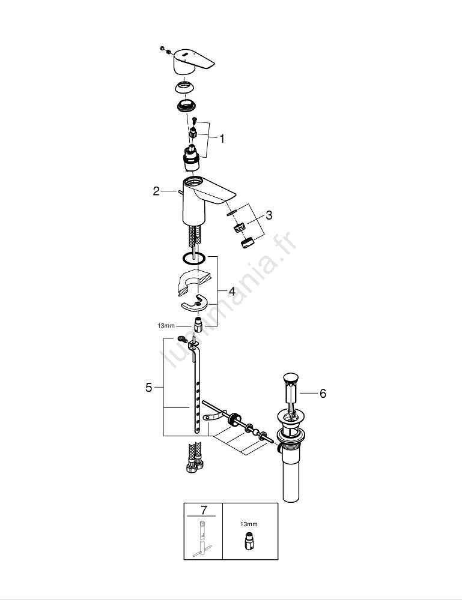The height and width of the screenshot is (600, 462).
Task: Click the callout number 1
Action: (222, 139)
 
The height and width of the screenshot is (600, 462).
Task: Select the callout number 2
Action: (156, 191)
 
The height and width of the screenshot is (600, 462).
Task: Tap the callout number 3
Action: (269, 215)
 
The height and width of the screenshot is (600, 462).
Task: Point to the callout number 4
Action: (232, 291)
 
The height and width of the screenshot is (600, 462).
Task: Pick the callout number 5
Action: (148, 387)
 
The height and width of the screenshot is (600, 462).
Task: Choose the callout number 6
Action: (323, 394)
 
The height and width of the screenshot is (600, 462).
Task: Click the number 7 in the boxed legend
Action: (204, 509)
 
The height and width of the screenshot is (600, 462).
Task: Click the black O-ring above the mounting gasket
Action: (194, 258)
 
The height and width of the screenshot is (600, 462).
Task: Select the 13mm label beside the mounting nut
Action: (166, 326)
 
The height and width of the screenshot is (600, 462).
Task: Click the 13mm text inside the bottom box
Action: (249, 524)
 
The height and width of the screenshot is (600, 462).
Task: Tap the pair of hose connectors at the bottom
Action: (194, 457)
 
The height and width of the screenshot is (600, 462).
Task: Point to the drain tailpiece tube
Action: (290, 475)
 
